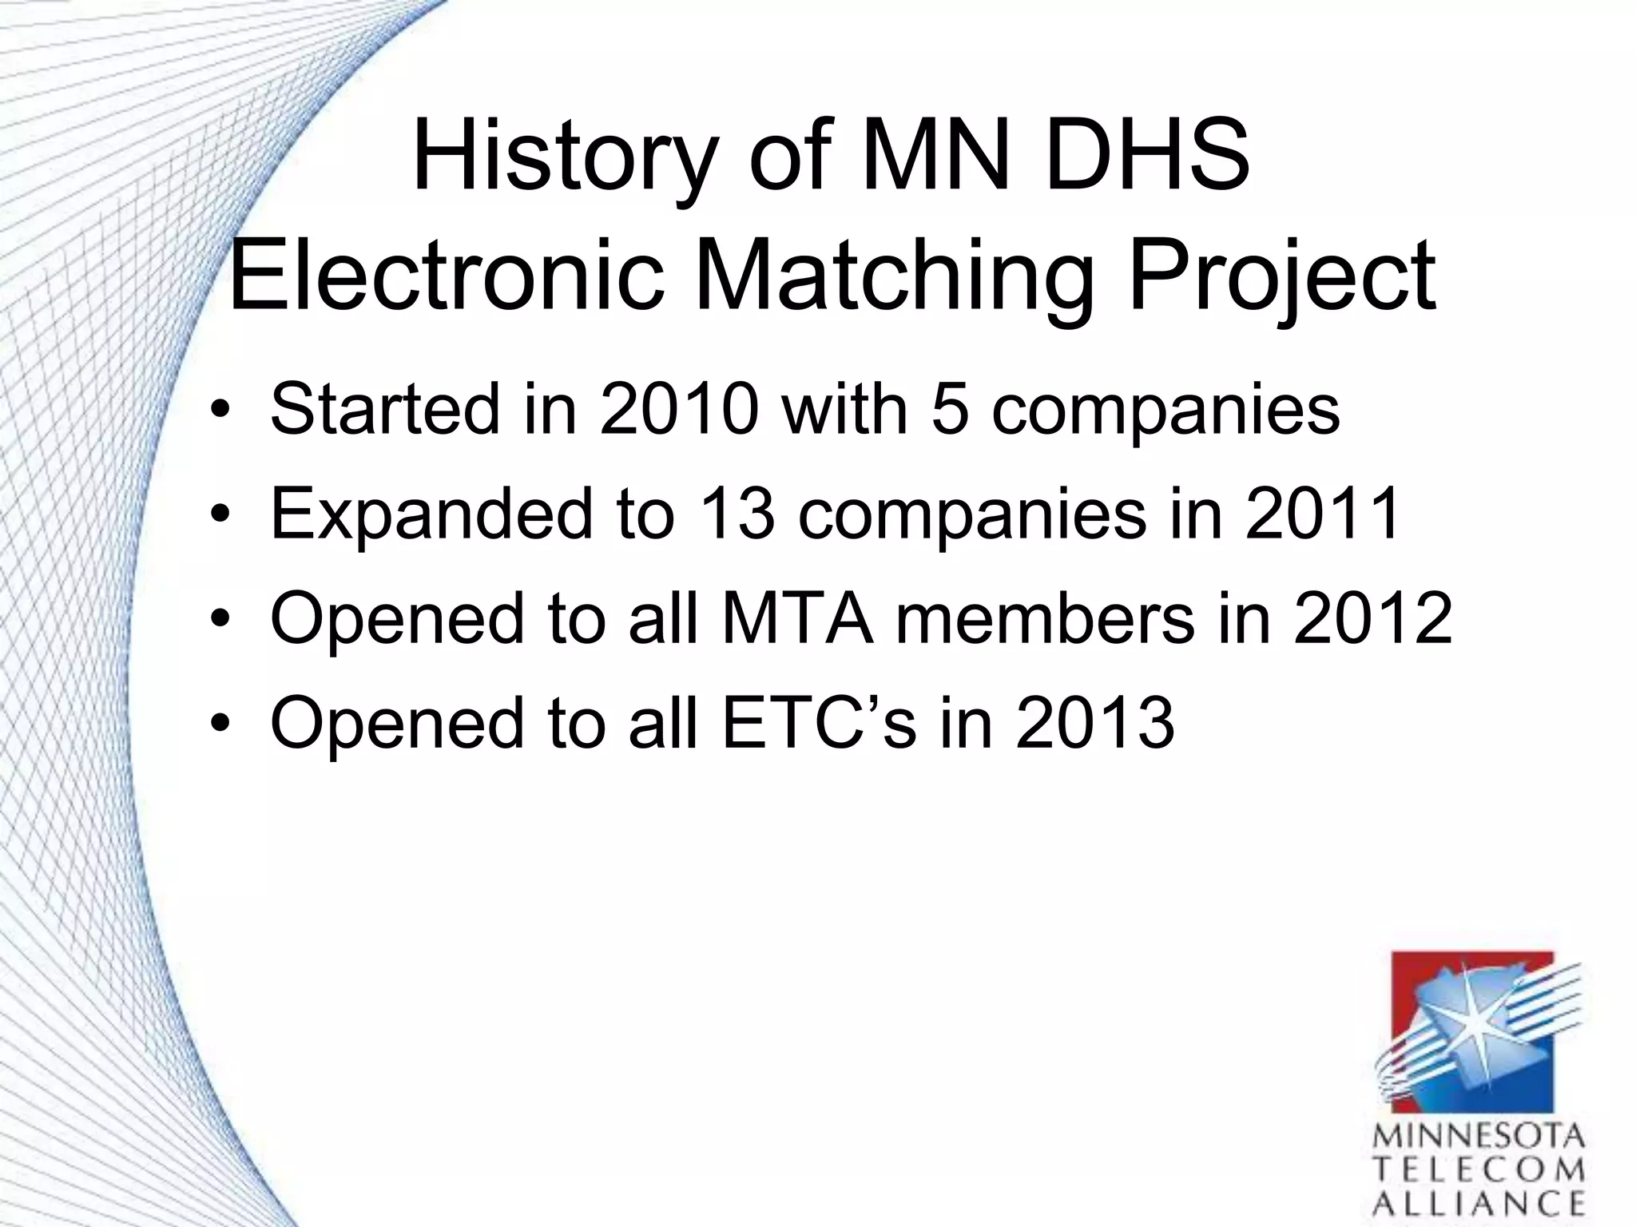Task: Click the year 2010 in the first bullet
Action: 678,409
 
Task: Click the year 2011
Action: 1322,513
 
